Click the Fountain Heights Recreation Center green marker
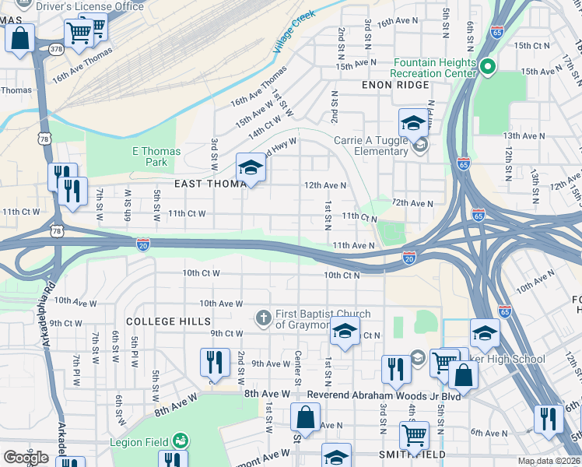pos(488,68)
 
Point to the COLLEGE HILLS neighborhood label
pos(168,321)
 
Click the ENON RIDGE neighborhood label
pos(395,85)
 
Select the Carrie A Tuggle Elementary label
pos(370,146)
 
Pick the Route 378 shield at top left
pos(55,48)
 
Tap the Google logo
pos(26,458)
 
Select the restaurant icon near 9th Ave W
pos(214,361)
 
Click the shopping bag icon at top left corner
pos(20,37)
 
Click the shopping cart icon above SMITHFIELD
pos(414,434)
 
